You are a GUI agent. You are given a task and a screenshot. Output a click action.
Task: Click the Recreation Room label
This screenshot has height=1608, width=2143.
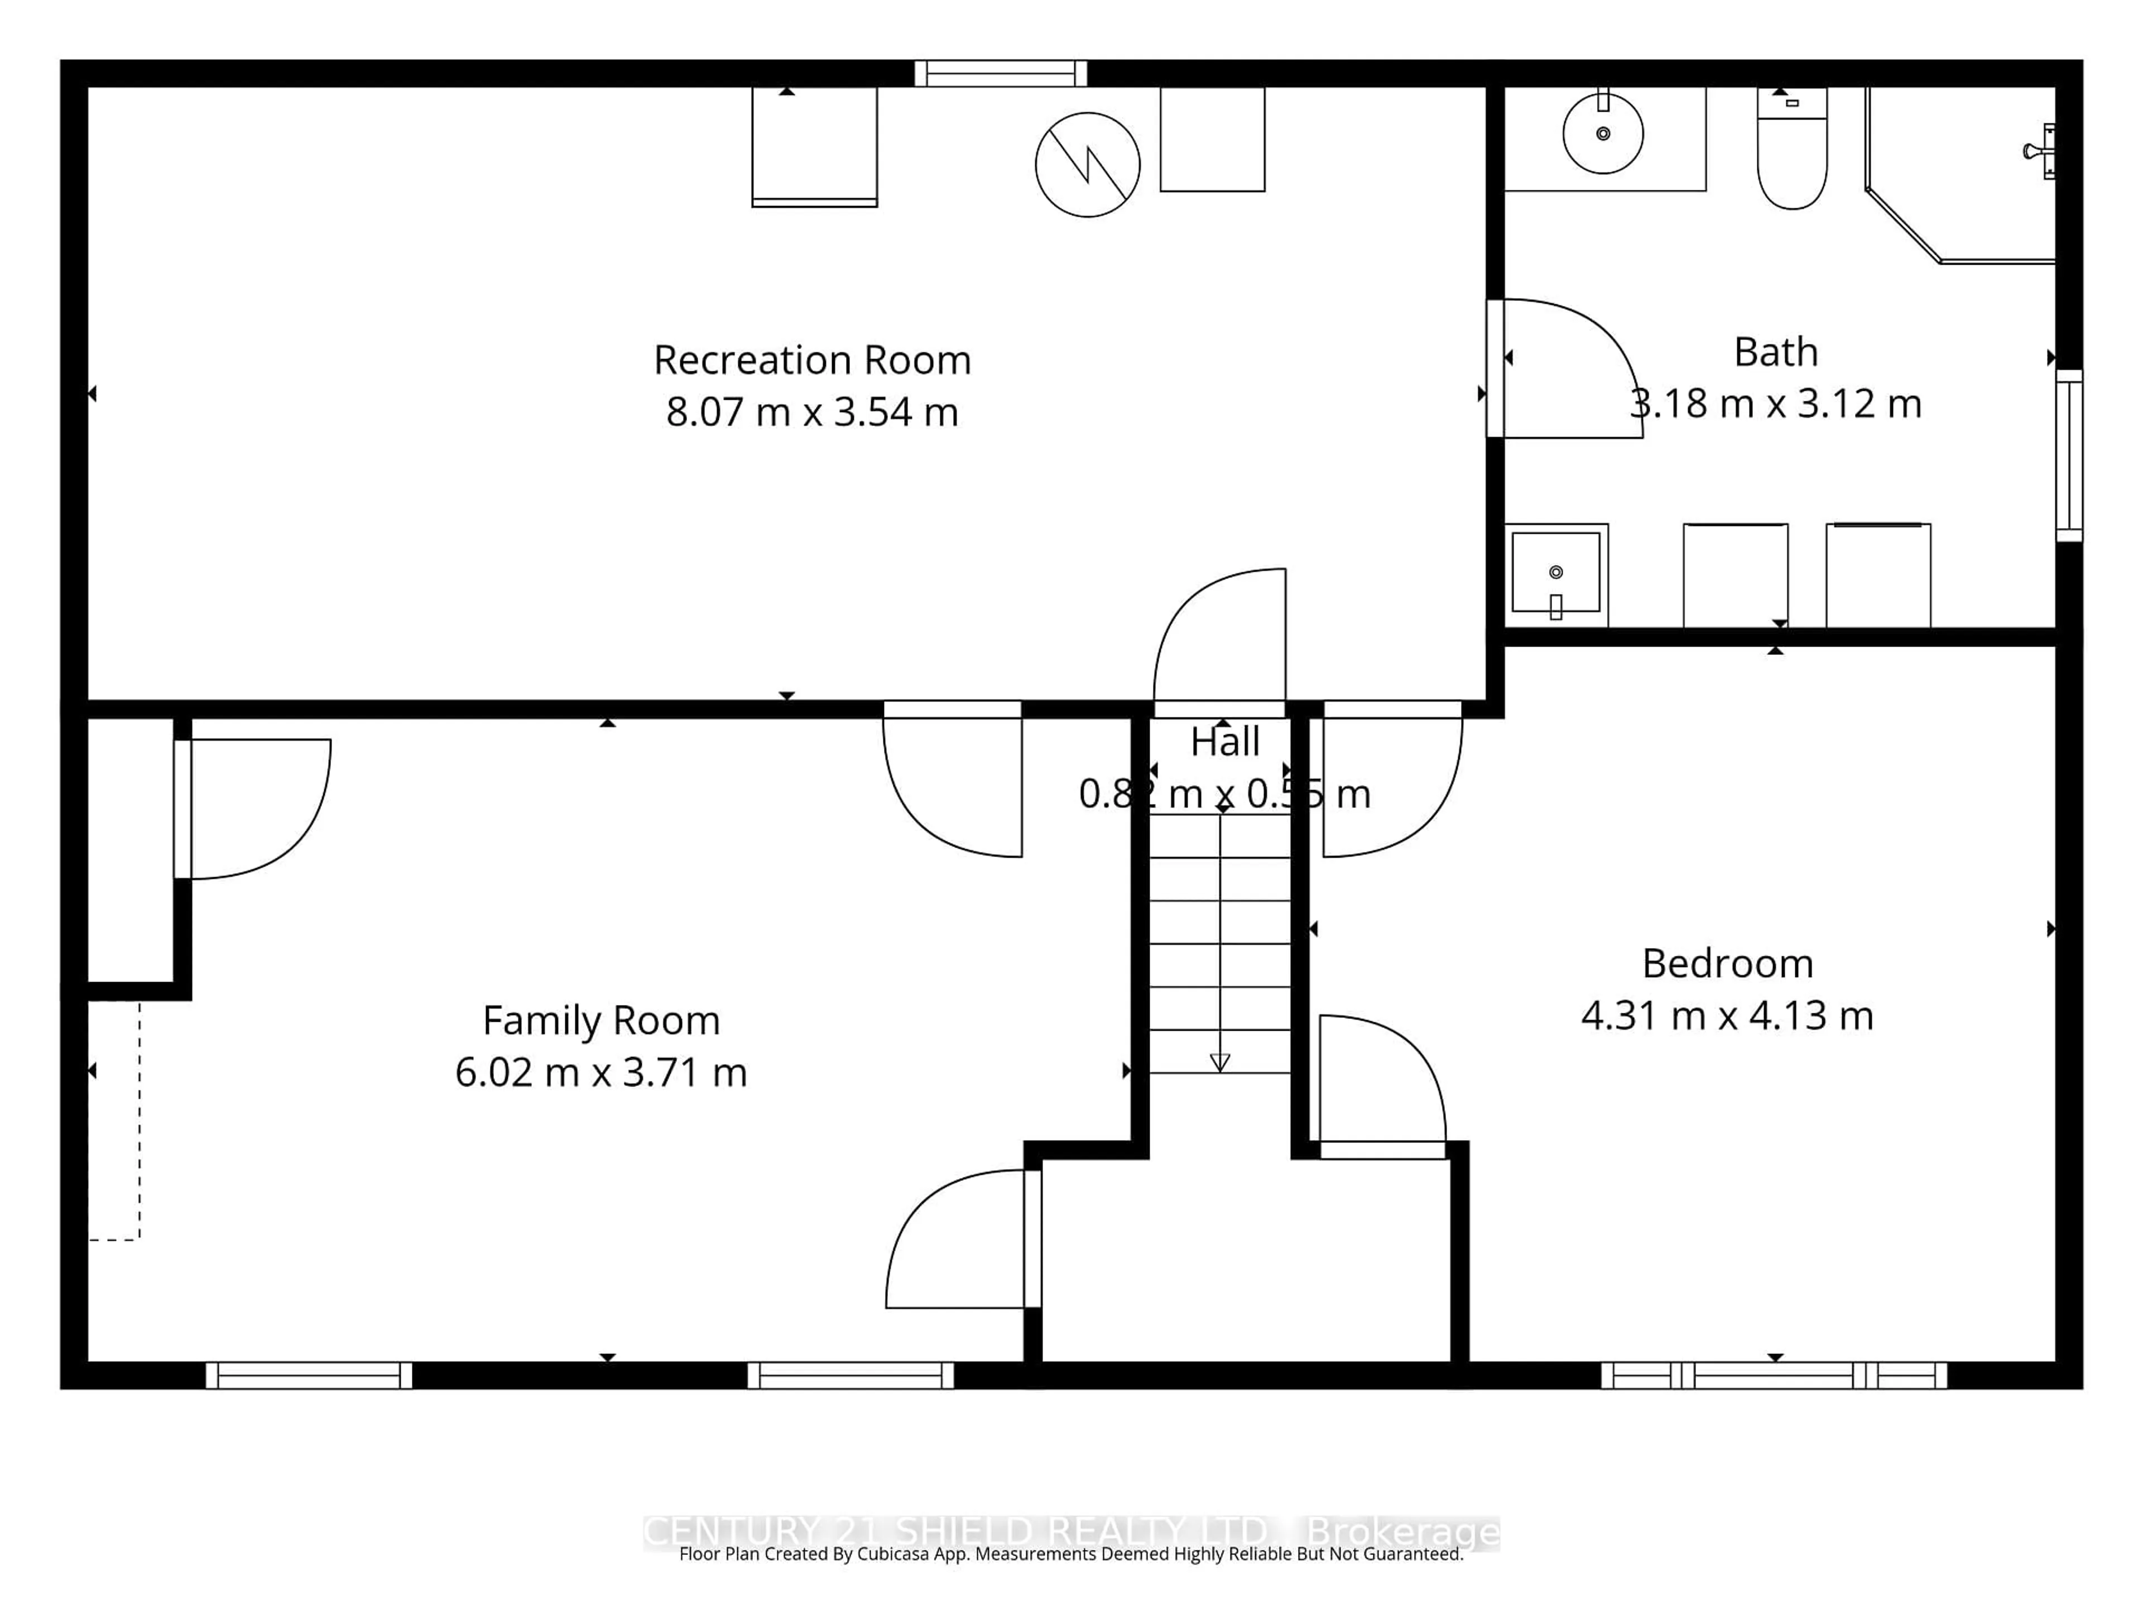pyautogui.click(x=812, y=361)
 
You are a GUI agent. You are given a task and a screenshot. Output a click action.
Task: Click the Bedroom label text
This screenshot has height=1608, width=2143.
pyautogui.click(x=1727, y=964)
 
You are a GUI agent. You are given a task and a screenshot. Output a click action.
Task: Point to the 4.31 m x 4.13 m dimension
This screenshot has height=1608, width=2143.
pyautogui.click(x=1727, y=1016)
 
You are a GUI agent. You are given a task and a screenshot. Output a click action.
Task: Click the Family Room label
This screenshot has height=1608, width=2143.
pyautogui.click(x=600, y=1021)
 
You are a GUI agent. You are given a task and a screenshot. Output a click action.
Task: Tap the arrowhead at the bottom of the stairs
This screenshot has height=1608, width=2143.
pyautogui.click(x=1220, y=1063)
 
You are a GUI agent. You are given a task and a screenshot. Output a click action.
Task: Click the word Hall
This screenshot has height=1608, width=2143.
pyautogui.click(x=1224, y=743)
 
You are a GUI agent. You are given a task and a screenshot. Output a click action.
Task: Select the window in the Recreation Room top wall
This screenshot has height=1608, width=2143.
pyautogui.click(x=1001, y=74)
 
